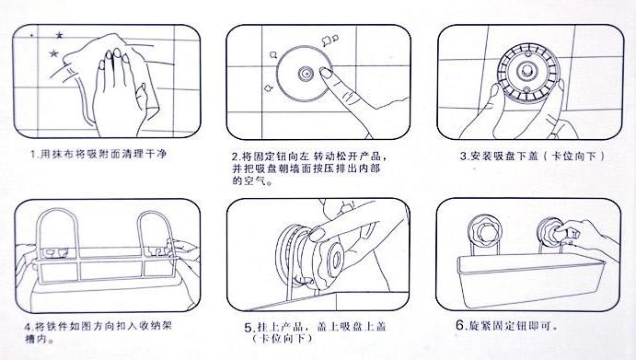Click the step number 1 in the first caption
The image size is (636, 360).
tap(33, 155)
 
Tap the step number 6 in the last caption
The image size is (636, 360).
tap(459, 325)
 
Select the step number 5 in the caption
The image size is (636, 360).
tap(249, 328)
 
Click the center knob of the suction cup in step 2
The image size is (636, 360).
tap(306, 74)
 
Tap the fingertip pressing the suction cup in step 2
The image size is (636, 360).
tap(326, 73)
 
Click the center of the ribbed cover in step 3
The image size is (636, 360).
tap(527, 72)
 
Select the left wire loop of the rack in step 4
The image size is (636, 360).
tap(39, 236)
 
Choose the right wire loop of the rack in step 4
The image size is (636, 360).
tap(139, 236)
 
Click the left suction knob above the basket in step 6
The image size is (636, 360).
tap(484, 231)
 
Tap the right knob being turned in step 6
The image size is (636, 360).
tap(552, 233)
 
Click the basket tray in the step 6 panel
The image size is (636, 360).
tap(530, 280)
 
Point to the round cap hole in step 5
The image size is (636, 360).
tap(336, 261)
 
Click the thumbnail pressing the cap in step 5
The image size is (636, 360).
tap(318, 235)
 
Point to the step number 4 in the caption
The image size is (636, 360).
tap(28, 326)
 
